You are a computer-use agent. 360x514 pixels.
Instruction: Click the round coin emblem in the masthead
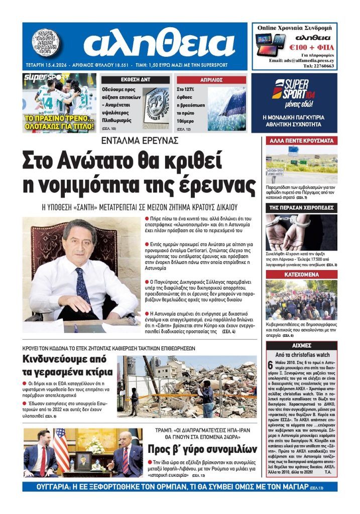point(46,42)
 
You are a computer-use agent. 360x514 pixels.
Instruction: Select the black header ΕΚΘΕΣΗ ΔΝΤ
point(136,80)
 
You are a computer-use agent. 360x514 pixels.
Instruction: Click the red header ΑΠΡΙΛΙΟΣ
point(211,80)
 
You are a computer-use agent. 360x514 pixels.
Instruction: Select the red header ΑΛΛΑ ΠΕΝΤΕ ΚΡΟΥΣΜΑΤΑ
point(301,141)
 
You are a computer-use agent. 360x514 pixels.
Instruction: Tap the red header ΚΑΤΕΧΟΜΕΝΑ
point(301,275)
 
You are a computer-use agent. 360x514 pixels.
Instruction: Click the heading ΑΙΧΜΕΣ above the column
point(301,345)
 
